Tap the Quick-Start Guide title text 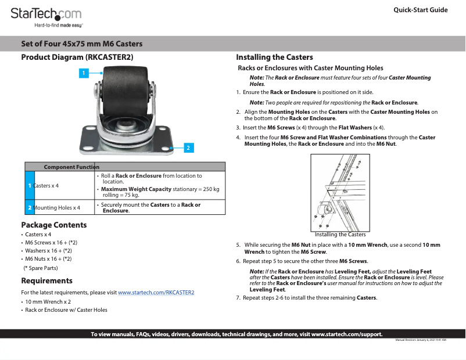[x=420, y=10]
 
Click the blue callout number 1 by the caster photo [x=84, y=73]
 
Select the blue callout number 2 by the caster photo [x=188, y=147]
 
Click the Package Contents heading [x=54, y=225]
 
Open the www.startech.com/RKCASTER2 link [x=156, y=293]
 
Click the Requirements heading [x=46, y=280]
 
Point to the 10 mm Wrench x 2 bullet [x=48, y=302]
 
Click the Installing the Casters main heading [x=274, y=57]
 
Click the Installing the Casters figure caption [x=340, y=235]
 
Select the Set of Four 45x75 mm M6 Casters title [x=81, y=44]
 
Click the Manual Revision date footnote [x=421, y=340]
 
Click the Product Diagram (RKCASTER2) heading [x=77, y=57]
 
